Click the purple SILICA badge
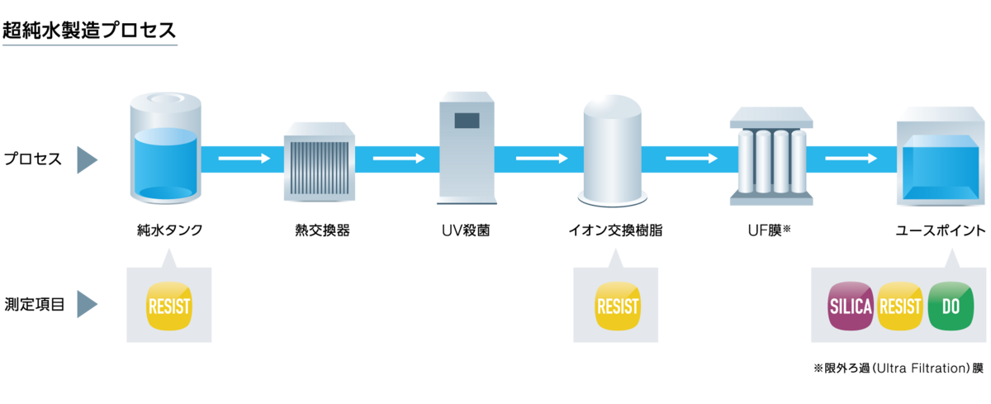coord(851,307)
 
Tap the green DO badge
coord(951,307)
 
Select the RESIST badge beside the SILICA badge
coord(900,307)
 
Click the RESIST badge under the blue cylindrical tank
coord(168,307)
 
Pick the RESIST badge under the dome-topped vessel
coord(617,307)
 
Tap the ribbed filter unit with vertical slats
coord(319,163)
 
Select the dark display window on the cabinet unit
coord(467,120)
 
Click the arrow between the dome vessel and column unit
coord(692,158)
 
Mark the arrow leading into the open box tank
coord(851,158)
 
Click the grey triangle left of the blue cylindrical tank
coord(85,160)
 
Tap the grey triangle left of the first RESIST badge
coord(85,304)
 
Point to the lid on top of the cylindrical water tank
coord(166,102)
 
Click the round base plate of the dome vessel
coord(612,198)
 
